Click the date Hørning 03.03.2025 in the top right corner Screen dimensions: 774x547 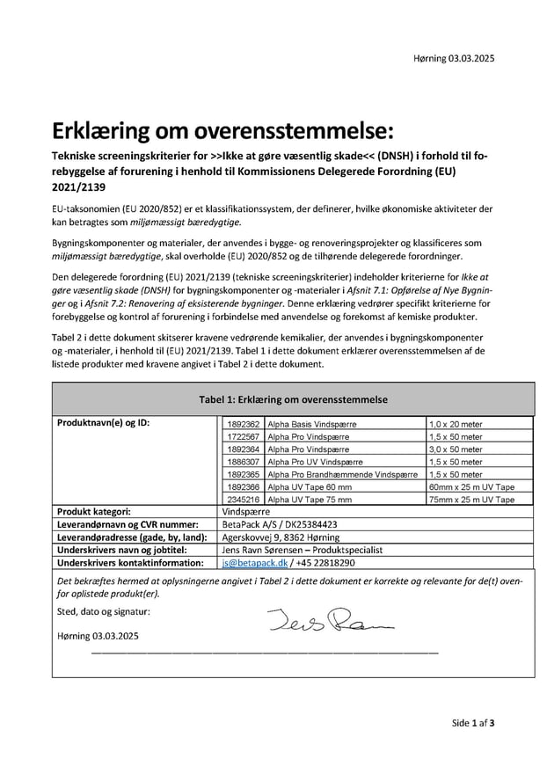(453, 59)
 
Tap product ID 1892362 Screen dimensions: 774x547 (243, 424)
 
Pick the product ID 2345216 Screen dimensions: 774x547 (243, 499)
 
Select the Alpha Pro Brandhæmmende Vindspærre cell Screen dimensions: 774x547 (342, 474)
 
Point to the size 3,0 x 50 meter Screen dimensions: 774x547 (456, 449)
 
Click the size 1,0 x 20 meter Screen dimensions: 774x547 (456, 424)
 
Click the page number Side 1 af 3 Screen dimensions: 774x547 (473, 723)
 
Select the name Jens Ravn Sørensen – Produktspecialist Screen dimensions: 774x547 (303, 550)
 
